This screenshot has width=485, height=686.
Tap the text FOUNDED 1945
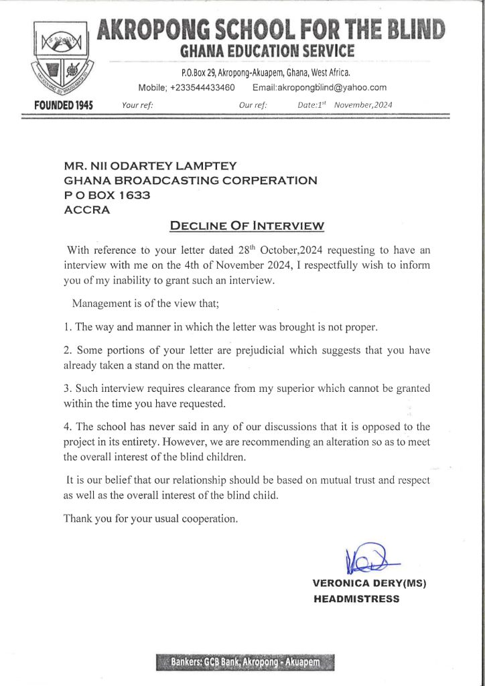click(x=64, y=106)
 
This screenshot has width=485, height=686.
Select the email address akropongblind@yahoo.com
click(x=320, y=87)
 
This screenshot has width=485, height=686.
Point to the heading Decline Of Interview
click(x=247, y=225)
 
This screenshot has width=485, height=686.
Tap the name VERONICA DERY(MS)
click(x=369, y=584)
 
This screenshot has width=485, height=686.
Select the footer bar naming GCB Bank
click(x=245, y=663)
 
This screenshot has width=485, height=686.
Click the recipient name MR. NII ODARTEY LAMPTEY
click(x=151, y=165)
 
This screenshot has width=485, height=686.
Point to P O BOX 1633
click(x=107, y=195)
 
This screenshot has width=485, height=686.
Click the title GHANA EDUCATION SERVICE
click(x=267, y=51)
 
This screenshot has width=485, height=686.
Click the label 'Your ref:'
click(x=138, y=105)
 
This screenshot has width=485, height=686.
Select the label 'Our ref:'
click(x=253, y=105)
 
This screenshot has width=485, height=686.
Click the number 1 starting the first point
click(x=66, y=327)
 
